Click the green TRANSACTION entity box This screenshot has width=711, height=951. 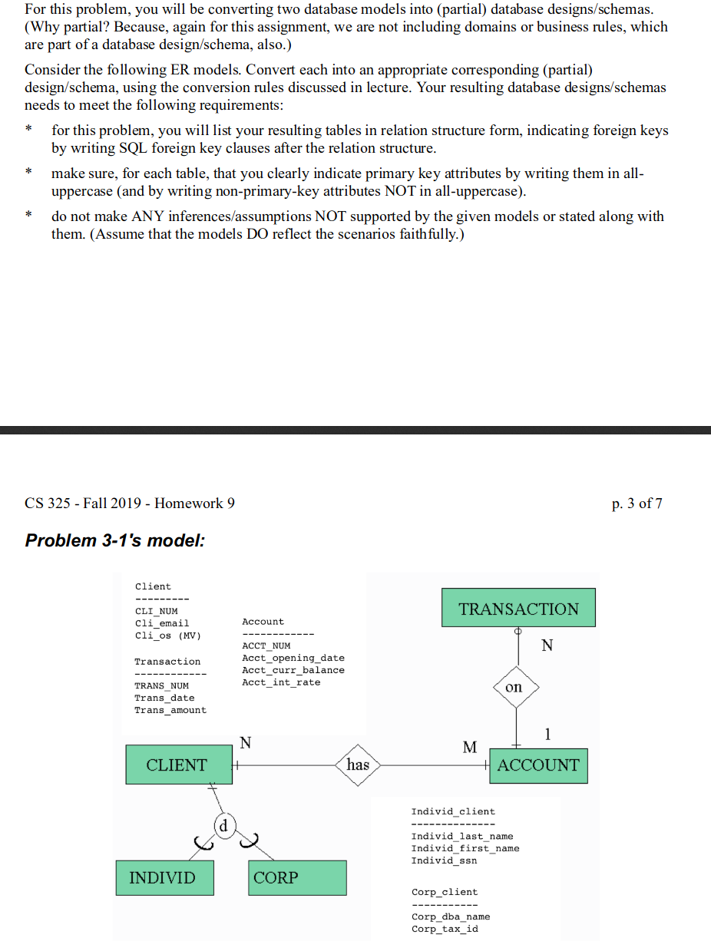pyautogui.click(x=518, y=609)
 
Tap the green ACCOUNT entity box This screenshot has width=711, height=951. pyautogui.click(x=537, y=765)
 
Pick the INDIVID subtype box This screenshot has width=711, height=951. pyautogui.click(x=164, y=877)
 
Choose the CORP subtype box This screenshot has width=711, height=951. pyautogui.click(x=297, y=877)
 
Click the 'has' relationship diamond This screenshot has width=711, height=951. pyautogui.click(x=358, y=764)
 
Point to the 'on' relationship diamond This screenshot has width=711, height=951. pyautogui.click(x=514, y=687)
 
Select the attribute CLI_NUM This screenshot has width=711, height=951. pyautogui.click(x=156, y=611)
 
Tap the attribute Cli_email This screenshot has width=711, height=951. pyautogui.click(x=161, y=623)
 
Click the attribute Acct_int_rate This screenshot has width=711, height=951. pyautogui.click(x=281, y=682)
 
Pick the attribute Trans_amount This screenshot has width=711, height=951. pyautogui.click(x=170, y=710)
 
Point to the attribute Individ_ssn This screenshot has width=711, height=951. pyautogui.click(x=444, y=860)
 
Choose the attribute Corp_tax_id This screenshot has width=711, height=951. pyautogui.click(x=445, y=929)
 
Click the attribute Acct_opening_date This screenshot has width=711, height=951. pyautogui.click(x=293, y=658)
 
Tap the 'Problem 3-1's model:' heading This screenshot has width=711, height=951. pyautogui.click(x=115, y=540)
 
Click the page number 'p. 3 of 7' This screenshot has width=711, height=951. pyautogui.click(x=637, y=504)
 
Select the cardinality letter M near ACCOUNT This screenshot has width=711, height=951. pyautogui.click(x=470, y=747)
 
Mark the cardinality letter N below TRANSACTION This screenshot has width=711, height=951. pyautogui.click(x=547, y=646)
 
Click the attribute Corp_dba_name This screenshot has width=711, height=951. pyautogui.click(x=451, y=916)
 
